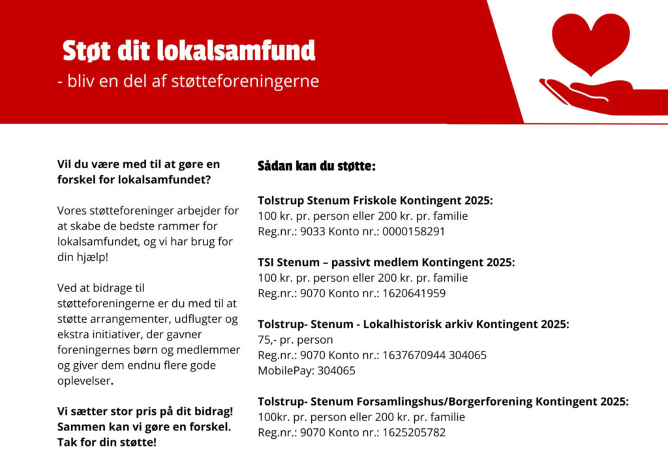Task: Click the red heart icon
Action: point(590,40)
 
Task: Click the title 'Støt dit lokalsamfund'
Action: point(189,50)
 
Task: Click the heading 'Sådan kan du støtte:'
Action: point(316,166)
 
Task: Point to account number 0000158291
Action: point(414,231)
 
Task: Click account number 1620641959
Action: point(414,293)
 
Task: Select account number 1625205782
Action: point(414,432)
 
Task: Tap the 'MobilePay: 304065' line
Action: point(307,370)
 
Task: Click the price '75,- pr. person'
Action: point(296,340)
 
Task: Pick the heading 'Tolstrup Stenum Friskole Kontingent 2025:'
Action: point(375,200)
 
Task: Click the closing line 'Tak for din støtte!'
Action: point(107,443)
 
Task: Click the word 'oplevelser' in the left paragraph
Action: point(83,381)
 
